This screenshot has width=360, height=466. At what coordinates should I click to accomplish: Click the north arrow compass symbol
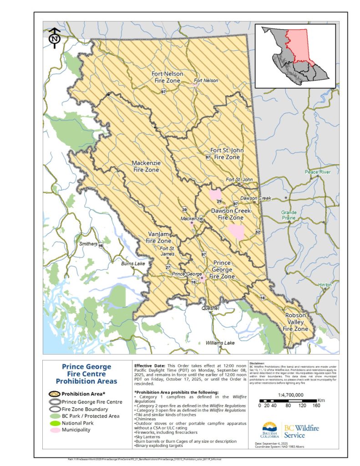pos(55,37)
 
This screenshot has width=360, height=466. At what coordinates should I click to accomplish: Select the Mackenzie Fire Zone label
pos(146,166)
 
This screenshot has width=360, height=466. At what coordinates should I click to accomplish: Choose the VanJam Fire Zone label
pos(158,238)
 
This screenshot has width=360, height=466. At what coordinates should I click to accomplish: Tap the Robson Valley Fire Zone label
pos(295,321)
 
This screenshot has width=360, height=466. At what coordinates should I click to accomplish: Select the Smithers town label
pos(88,244)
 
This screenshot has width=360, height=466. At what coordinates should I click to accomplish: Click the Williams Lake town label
pos(220,343)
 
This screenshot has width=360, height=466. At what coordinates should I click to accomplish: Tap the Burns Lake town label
pos(132,263)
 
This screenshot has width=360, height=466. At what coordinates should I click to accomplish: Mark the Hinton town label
pos(325,284)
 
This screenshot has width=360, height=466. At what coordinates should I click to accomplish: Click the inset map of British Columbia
pos(295,55)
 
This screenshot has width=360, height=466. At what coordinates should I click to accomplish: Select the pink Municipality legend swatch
pos(55,429)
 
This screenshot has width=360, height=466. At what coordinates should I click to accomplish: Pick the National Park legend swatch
pos(55,423)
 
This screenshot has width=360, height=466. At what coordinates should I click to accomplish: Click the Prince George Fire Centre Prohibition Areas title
pos(86,374)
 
